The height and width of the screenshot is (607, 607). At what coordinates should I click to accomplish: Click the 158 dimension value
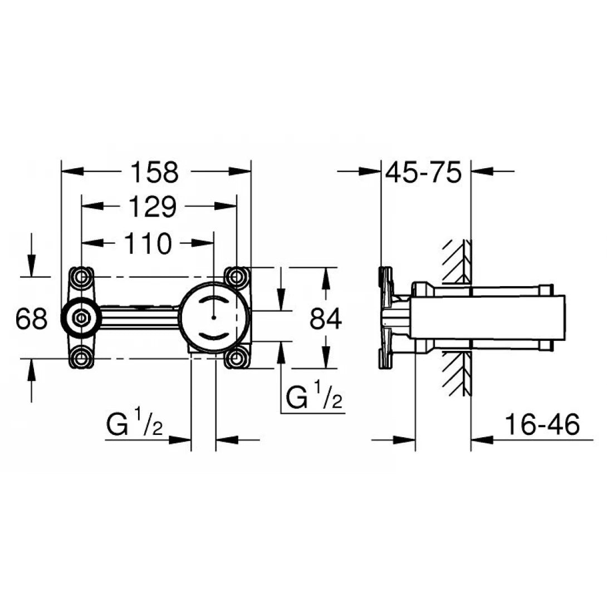coord(155,172)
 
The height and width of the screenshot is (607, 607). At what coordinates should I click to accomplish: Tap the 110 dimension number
coord(146,243)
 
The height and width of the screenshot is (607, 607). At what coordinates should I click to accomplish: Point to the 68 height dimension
coord(31,320)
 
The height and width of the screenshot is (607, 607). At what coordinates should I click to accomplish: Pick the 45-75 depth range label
coord(424,173)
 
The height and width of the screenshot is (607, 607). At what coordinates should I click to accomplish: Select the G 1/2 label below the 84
coord(314,397)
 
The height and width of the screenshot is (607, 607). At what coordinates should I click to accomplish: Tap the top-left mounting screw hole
coord(81,276)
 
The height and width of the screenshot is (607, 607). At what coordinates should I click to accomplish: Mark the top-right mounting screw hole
coord(237,276)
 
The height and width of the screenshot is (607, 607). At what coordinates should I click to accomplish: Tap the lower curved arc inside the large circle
coord(214,336)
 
